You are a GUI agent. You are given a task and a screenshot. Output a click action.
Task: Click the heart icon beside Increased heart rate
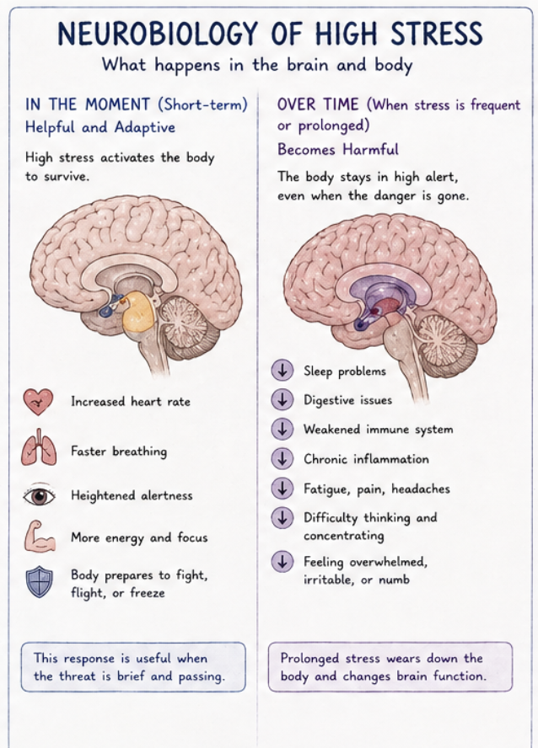pos(38,402)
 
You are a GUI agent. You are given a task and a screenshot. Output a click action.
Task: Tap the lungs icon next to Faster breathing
pos(38,451)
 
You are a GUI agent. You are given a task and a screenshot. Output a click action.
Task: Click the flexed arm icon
pos(38,537)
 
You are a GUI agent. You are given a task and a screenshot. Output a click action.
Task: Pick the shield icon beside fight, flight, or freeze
pos(38,582)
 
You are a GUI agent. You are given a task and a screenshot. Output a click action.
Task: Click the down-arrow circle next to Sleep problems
pos(282,371)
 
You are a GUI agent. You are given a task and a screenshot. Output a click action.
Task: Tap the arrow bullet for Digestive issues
pos(282,399)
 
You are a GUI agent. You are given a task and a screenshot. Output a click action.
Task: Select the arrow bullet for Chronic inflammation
pos(282,459)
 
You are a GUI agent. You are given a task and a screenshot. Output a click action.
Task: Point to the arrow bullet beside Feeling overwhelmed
pos(282,562)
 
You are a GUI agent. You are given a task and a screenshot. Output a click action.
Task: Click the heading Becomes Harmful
pos(338,149)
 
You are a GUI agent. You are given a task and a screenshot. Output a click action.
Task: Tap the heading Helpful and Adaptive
pos(100,126)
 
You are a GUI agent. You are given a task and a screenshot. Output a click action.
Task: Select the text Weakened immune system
pos(378,430)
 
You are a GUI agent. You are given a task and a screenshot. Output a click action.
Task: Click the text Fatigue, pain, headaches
pos(376,489)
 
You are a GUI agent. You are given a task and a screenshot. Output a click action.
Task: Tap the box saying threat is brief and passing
pos(133,667)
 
